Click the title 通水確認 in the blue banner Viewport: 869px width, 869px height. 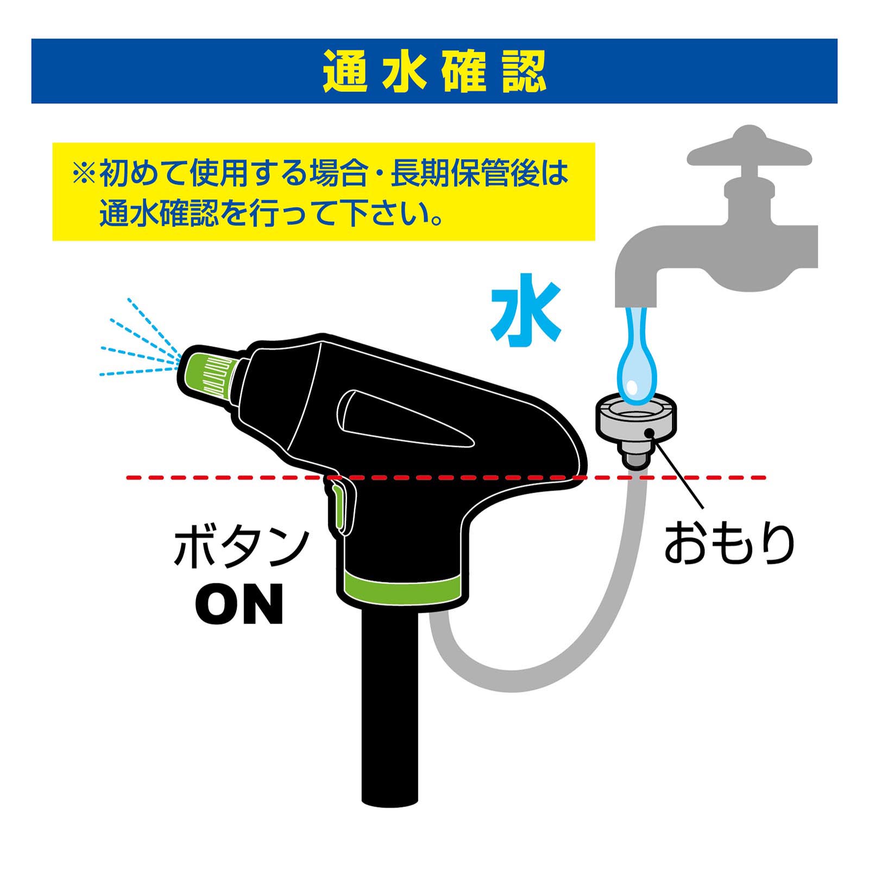click(x=434, y=71)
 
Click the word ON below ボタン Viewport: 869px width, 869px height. click(x=240, y=603)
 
